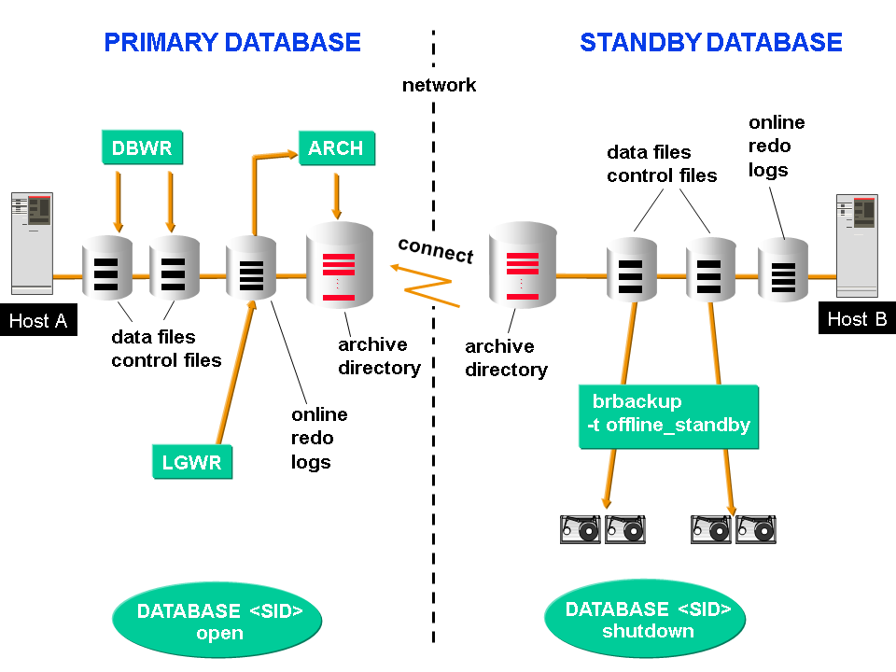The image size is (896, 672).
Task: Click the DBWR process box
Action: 142,147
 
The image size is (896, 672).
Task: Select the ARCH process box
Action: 335,147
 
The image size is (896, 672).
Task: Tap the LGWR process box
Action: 192,462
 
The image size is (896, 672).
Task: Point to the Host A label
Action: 38,321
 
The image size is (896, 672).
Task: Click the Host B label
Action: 857,319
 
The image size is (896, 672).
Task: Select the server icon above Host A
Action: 32,244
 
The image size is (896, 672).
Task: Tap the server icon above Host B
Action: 856,245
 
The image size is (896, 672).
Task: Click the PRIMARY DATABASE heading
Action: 232,42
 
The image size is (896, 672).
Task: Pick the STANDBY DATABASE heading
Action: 710,42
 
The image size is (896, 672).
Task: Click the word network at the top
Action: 439,85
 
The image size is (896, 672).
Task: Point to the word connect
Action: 435,250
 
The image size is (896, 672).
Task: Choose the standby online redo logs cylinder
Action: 782,271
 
